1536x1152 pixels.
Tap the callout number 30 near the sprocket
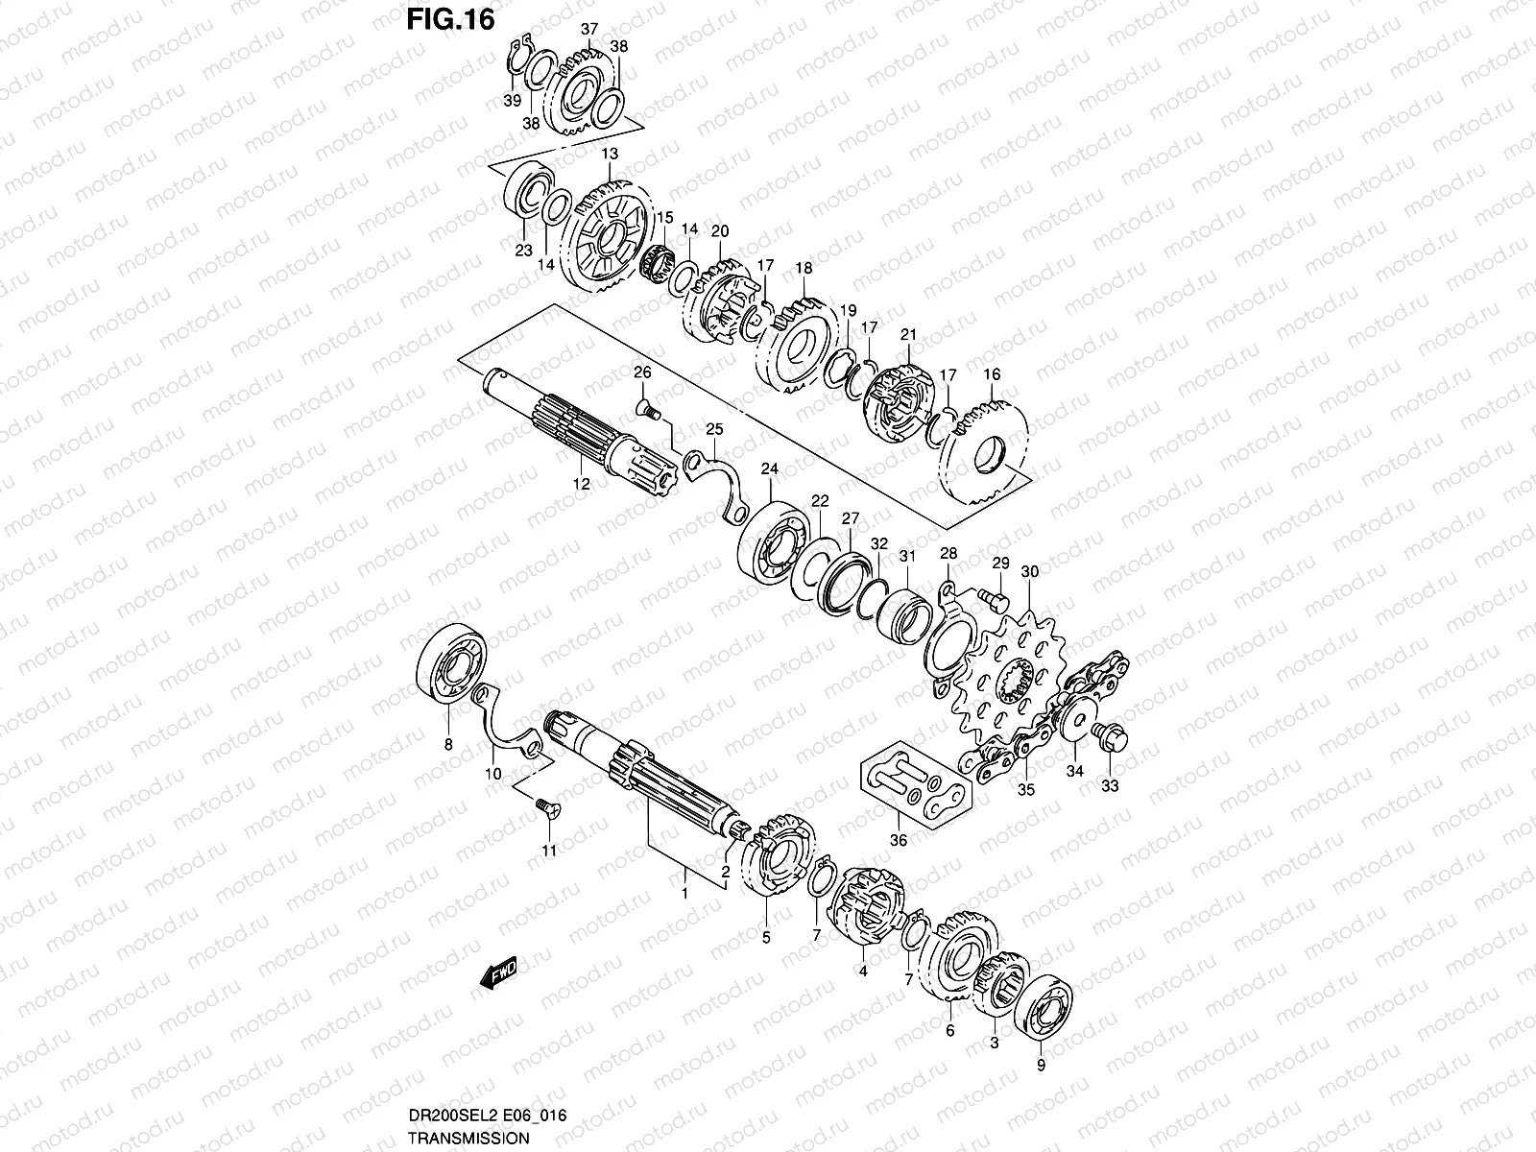click(x=1030, y=572)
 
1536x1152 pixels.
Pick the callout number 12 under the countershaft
click(x=581, y=485)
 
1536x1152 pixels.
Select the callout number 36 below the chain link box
click(x=899, y=841)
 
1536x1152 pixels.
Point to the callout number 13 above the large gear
click(x=610, y=155)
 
